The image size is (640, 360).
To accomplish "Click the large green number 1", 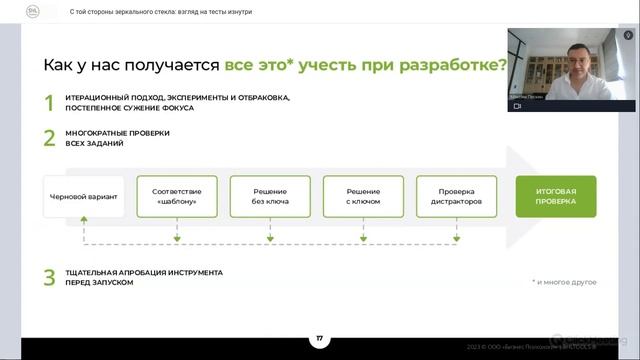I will [x=48, y=102].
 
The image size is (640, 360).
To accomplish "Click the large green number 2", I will [x=48, y=138].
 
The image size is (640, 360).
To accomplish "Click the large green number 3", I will [x=48, y=277].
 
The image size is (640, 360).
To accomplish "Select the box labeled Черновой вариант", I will [x=84, y=197].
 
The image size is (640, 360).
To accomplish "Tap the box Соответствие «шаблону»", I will [x=177, y=197].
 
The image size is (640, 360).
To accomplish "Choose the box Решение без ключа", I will [x=270, y=197].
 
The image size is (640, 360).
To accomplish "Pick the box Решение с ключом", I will [x=363, y=197].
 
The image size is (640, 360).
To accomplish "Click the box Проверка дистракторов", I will [x=456, y=197].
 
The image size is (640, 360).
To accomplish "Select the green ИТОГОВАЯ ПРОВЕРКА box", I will [x=556, y=197].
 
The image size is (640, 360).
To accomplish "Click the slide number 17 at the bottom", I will [x=320, y=339].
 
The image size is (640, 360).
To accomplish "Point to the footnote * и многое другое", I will [x=564, y=282].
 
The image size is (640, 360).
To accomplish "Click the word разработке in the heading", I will [x=456, y=65].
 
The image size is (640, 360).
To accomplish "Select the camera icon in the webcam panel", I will [x=518, y=105].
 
